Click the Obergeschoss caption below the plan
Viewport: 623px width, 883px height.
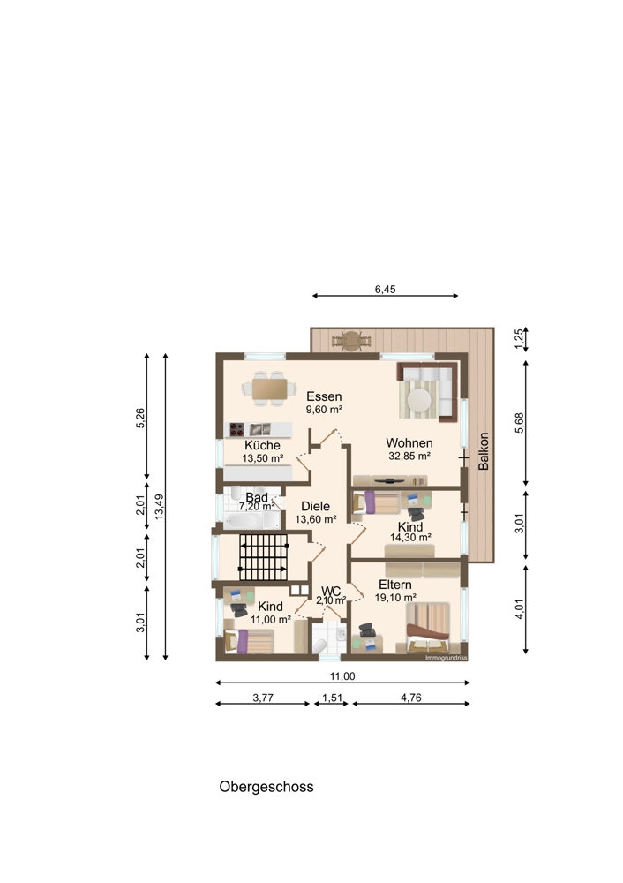click(266, 787)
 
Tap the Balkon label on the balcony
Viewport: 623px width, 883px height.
click(484, 451)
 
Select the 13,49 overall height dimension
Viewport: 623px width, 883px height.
click(159, 506)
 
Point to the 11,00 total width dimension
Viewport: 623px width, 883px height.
click(342, 676)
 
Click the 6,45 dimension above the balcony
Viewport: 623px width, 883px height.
click(386, 290)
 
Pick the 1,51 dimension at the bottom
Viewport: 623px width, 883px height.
click(332, 698)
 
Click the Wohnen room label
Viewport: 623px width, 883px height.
click(409, 443)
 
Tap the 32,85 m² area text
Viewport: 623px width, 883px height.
click(409, 457)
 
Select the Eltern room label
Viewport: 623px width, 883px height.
click(395, 585)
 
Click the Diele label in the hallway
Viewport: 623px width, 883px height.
click(315, 506)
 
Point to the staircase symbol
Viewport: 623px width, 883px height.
click(263, 557)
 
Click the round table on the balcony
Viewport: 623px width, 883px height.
click(352, 340)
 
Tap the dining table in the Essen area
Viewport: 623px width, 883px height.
click(270, 389)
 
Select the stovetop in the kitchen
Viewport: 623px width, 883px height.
click(236, 430)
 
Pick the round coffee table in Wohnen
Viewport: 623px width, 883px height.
click(419, 400)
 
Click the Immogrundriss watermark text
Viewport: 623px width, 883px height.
click(447, 658)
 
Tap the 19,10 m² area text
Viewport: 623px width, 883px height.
click(395, 598)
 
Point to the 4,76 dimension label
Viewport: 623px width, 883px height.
click(411, 698)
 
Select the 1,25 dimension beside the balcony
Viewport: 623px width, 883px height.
click(520, 339)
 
